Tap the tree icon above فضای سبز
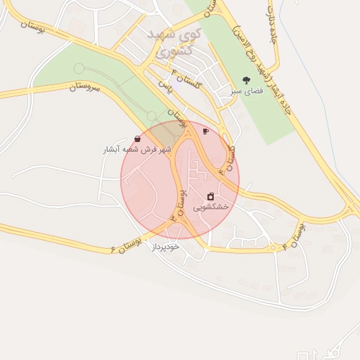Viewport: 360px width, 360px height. coord(245,80)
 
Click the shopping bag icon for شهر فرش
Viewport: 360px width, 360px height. coord(136,139)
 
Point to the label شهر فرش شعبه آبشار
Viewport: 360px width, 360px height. coord(137,150)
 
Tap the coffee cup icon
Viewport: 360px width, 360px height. coord(205,131)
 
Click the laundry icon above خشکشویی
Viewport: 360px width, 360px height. coord(211,196)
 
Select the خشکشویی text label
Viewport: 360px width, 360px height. coord(211,207)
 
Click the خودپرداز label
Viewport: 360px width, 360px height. coord(165,247)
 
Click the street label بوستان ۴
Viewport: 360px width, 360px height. coord(295,236)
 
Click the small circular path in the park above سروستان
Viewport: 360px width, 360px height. coord(78,68)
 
